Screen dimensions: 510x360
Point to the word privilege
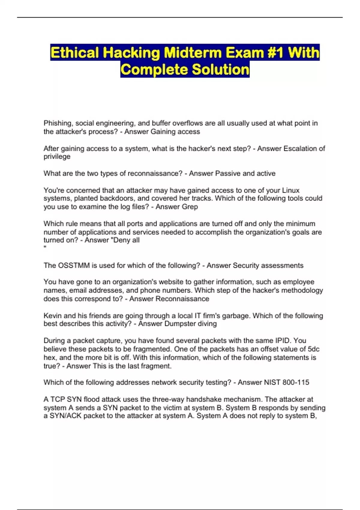coord(57,157)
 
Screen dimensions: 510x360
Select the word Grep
coord(190,207)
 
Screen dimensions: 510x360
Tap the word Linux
coord(291,190)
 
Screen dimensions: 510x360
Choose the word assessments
coord(282,265)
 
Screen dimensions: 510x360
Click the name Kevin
coord(53,316)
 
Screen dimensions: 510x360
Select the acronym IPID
coord(283,340)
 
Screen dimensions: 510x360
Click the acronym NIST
coord(272,382)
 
